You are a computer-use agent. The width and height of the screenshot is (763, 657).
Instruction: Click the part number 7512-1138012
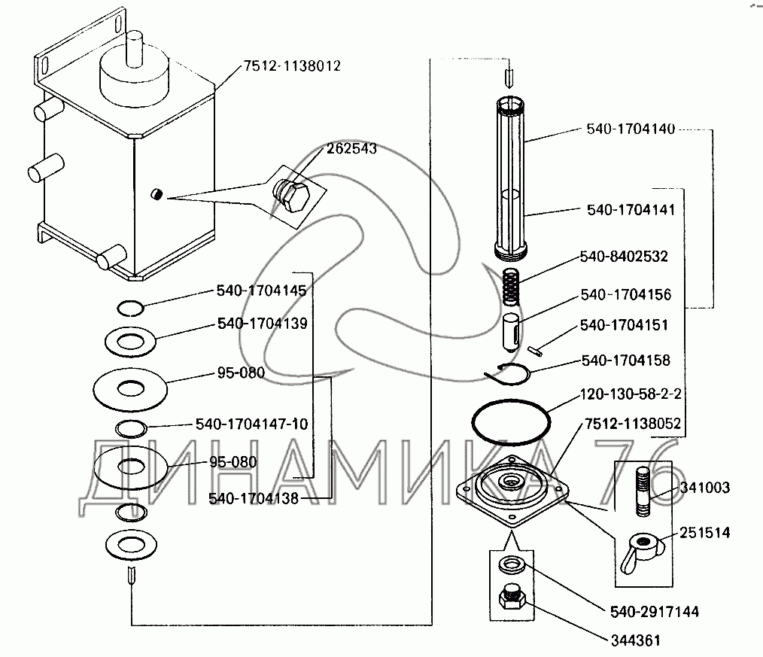[291, 67]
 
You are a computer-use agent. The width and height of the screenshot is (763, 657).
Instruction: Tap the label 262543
[351, 149]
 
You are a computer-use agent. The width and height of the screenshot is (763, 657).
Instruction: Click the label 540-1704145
[260, 290]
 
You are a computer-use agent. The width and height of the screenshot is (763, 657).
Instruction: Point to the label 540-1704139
[260, 324]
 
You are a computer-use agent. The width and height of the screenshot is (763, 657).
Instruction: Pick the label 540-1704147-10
[251, 424]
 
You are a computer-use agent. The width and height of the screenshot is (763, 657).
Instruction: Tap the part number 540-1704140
[631, 129]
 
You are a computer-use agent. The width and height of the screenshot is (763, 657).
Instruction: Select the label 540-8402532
[624, 257]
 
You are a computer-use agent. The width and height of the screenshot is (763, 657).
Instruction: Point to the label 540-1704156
[626, 295]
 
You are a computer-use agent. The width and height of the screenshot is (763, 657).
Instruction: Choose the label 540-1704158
[625, 361]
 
